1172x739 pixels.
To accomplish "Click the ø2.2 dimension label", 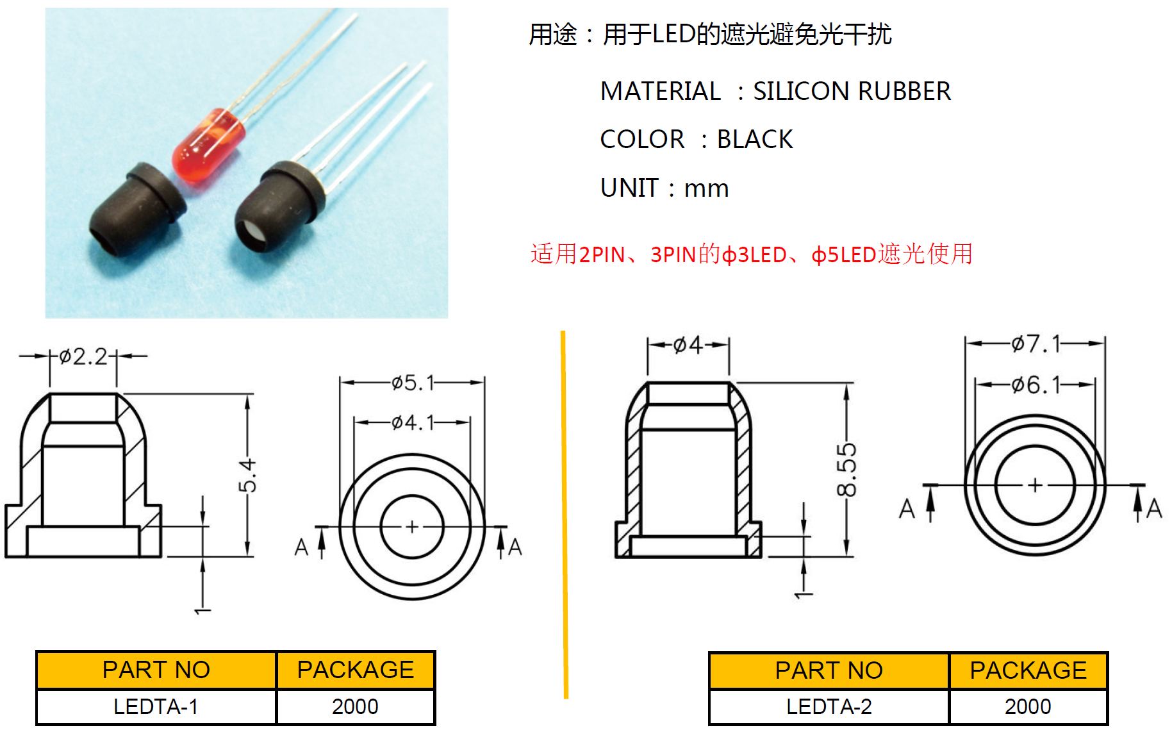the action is pyautogui.click(x=83, y=356).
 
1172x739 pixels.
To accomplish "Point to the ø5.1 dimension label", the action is pyautogui.click(x=413, y=383).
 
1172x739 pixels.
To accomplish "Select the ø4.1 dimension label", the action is pyautogui.click(x=413, y=423).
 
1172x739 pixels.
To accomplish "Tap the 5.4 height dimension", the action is pyautogui.click(x=247, y=475).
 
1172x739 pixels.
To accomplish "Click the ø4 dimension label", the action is pyautogui.click(x=688, y=345).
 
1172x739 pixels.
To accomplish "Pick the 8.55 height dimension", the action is pyautogui.click(x=846, y=470).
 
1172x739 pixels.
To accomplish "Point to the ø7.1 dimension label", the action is pyautogui.click(x=1036, y=344).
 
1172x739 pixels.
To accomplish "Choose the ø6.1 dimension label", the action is pyautogui.click(x=1036, y=385).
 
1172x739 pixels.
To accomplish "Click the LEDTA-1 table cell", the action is pyautogui.click(x=156, y=706).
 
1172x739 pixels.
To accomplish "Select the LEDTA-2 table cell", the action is pyautogui.click(x=829, y=706).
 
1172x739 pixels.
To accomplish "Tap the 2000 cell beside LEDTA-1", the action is pyautogui.click(x=355, y=706).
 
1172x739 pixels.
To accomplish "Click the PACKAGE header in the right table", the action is pyautogui.click(x=1028, y=670).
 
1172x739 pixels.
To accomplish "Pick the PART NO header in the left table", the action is pyautogui.click(x=156, y=670).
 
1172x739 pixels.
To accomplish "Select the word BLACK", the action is pyautogui.click(x=755, y=140).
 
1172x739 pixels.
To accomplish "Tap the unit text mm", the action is pyautogui.click(x=706, y=189).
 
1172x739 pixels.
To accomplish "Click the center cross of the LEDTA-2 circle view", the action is pyautogui.click(x=1036, y=485).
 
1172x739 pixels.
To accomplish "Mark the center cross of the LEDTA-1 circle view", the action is pyautogui.click(x=412, y=527).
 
